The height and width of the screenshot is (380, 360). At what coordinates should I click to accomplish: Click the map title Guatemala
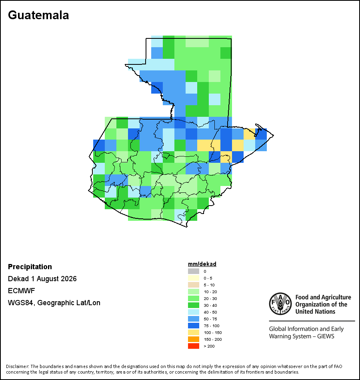click(x=38, y=15)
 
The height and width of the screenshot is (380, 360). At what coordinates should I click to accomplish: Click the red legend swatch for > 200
click(x=194, y=346)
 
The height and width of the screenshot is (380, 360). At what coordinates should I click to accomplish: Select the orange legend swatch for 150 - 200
click(x=194, y=339)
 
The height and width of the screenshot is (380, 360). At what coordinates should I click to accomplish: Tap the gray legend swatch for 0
click(x=194, y=271)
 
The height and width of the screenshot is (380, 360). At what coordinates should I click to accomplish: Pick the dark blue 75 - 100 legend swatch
click(x=194, y=326)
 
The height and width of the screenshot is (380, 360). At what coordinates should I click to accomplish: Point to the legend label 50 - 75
click(x=210, y=319)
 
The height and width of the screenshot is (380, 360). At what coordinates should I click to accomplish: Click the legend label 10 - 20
click(x=210, y=292)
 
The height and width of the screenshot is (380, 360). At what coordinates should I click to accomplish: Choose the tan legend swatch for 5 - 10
click(x=194, y=285)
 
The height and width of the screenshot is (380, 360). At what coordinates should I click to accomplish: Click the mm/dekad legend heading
click(x=202, y=264)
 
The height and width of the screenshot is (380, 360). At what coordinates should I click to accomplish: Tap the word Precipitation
click(x=30, y=266)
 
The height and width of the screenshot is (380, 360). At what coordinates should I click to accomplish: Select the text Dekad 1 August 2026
click(x=42, y=279)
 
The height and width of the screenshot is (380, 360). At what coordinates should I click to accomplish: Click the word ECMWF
click(x=21, y=290)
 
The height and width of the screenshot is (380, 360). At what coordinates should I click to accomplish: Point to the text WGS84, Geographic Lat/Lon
click(x=54, y=303)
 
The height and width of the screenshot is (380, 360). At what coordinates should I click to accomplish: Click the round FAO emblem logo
click(x=280, y=304)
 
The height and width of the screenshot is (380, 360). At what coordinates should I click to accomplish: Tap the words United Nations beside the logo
click(x=315, y=312)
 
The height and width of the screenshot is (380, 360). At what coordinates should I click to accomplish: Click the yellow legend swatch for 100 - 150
click(x=194, y=332)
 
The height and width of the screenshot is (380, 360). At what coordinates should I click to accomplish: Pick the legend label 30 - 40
click(x=210, y=305)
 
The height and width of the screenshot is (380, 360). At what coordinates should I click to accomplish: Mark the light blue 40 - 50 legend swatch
click(x=194, y=312)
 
